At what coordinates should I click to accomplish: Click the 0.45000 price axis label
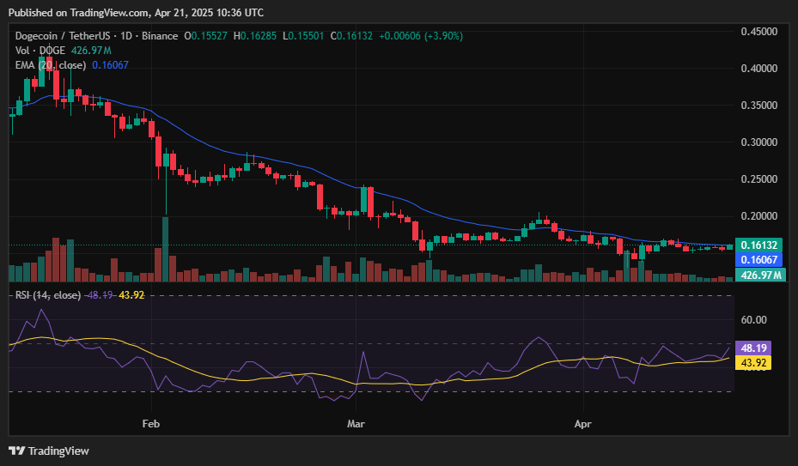758,32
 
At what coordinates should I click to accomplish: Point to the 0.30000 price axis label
758,142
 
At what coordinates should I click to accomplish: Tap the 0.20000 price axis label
758,216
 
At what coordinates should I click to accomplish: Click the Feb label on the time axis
151,424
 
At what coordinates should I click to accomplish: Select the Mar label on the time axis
356,424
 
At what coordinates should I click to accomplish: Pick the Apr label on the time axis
582,424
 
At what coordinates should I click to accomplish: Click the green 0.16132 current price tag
758,245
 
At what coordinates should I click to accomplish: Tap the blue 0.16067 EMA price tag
758,259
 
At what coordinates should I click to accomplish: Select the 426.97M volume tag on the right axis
761,275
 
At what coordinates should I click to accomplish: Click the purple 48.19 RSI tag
753,348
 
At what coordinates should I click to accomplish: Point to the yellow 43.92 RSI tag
753,363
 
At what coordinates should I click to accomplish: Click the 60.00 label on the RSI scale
753,320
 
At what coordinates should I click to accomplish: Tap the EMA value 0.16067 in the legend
111,65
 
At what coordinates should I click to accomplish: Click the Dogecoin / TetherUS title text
62,36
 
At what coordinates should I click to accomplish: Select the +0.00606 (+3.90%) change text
421,36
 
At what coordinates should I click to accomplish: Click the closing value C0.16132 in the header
351,36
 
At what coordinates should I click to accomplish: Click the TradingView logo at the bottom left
49,451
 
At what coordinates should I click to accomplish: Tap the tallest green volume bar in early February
166,249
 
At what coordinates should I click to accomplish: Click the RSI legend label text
48,295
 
